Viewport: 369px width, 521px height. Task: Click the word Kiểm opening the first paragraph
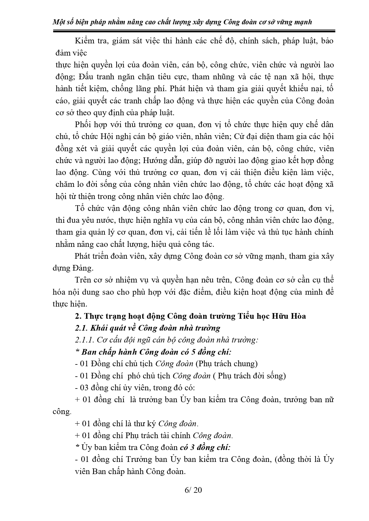[84, 41]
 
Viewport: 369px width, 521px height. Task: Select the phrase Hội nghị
[115, 137]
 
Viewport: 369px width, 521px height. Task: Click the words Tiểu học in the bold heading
[253, 316]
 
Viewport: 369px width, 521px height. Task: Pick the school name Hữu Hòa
[288, 316]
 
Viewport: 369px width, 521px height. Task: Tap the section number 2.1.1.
[84, 340]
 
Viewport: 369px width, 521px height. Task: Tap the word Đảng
[83, 268]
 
